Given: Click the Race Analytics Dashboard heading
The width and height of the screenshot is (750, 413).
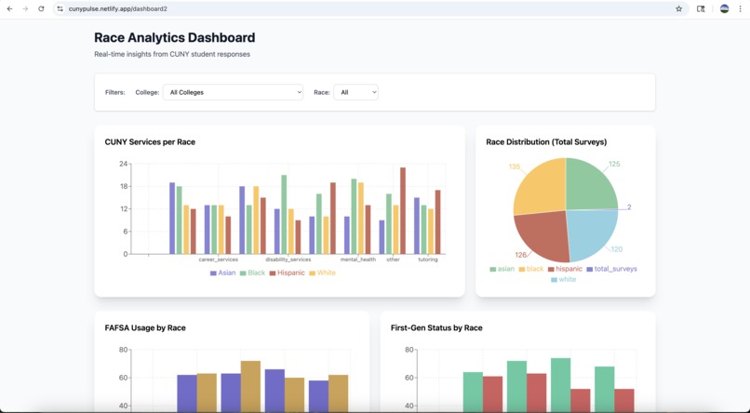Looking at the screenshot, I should click(174, 38).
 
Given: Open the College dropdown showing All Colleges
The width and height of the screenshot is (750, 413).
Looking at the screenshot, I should click(233, 92).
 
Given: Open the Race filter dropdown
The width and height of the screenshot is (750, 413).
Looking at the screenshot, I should click(355, 92).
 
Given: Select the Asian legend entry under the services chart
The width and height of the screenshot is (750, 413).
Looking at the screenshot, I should click(223, 273).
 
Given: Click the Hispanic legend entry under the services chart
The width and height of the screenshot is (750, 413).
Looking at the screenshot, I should click(287, 273).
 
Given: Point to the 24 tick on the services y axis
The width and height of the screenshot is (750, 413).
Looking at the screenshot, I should click(123, 164).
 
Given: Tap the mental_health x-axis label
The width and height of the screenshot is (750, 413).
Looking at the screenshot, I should click(358, 260).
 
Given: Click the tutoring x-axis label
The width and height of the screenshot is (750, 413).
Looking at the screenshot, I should click(428, 260).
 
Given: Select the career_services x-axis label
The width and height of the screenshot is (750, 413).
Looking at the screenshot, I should click(218, 260).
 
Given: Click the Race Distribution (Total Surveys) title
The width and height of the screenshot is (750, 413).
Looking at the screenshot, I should click(546, 142).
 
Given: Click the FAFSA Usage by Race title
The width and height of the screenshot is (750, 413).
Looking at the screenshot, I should click(145, 328).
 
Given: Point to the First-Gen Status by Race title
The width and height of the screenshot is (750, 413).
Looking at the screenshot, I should click(436, 328).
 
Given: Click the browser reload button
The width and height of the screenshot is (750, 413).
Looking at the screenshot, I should click(41, 8).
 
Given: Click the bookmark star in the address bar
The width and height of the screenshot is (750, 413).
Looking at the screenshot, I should click(679, 8).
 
